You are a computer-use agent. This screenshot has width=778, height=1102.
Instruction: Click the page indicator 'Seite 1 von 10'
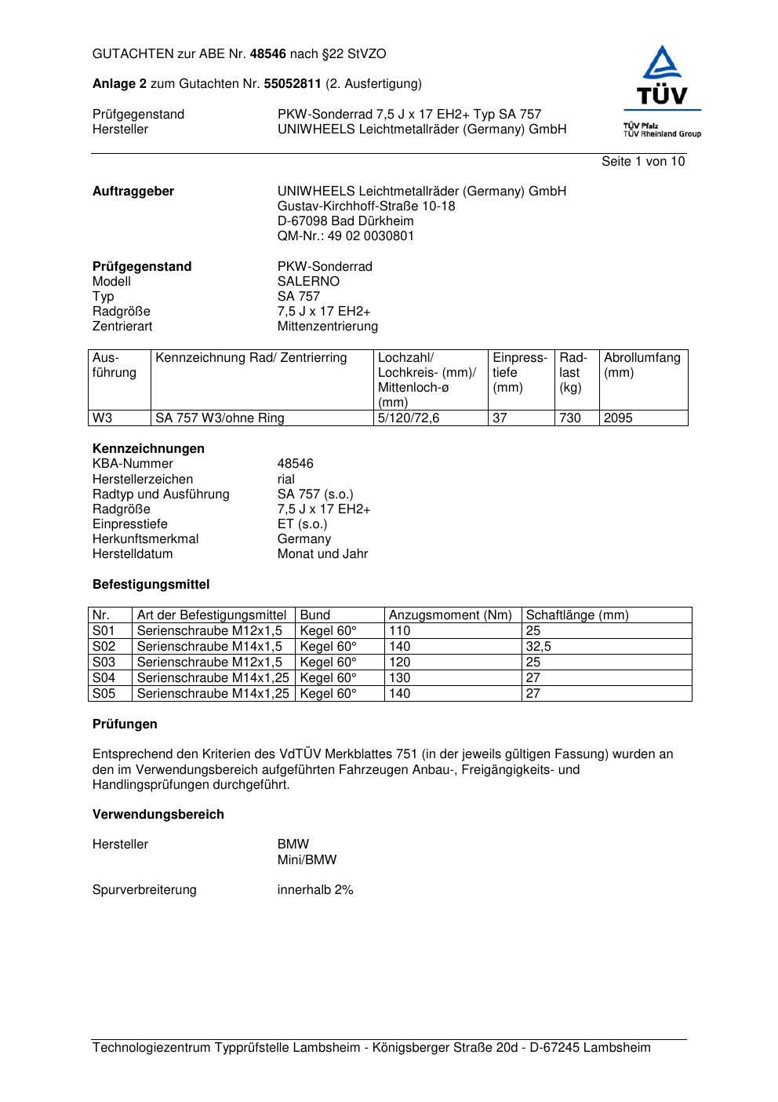point(642,162)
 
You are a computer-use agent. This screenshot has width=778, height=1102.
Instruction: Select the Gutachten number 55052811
point(293,84)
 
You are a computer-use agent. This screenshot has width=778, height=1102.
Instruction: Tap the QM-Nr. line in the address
point(346,236)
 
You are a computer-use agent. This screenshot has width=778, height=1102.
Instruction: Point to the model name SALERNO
point(308,282)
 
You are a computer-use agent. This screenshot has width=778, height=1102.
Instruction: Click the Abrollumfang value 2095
point(618,418)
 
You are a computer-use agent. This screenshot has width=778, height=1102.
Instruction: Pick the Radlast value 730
point(570,418)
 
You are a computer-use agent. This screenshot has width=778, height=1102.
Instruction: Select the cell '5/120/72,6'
point(409,418)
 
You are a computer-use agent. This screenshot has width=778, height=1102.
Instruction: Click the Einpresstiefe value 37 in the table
point(500,418)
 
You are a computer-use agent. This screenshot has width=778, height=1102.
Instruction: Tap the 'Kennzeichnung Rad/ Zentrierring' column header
point(251,358)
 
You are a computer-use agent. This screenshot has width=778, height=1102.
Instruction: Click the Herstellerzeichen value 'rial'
point(286,480)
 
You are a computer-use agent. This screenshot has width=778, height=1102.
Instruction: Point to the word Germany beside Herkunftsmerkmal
point(304,539)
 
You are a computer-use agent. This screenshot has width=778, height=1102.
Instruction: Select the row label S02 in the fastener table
point(104,647)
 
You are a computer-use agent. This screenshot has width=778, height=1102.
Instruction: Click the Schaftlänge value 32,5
point(538,647)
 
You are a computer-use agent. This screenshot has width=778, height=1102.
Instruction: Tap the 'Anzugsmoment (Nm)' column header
point(450,615)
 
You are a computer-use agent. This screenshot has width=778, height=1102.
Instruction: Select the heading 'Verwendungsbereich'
point(158,815)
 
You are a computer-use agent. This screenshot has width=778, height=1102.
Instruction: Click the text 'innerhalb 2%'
point(315,890)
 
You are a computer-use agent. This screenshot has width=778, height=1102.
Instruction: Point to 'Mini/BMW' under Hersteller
point(307,860)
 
